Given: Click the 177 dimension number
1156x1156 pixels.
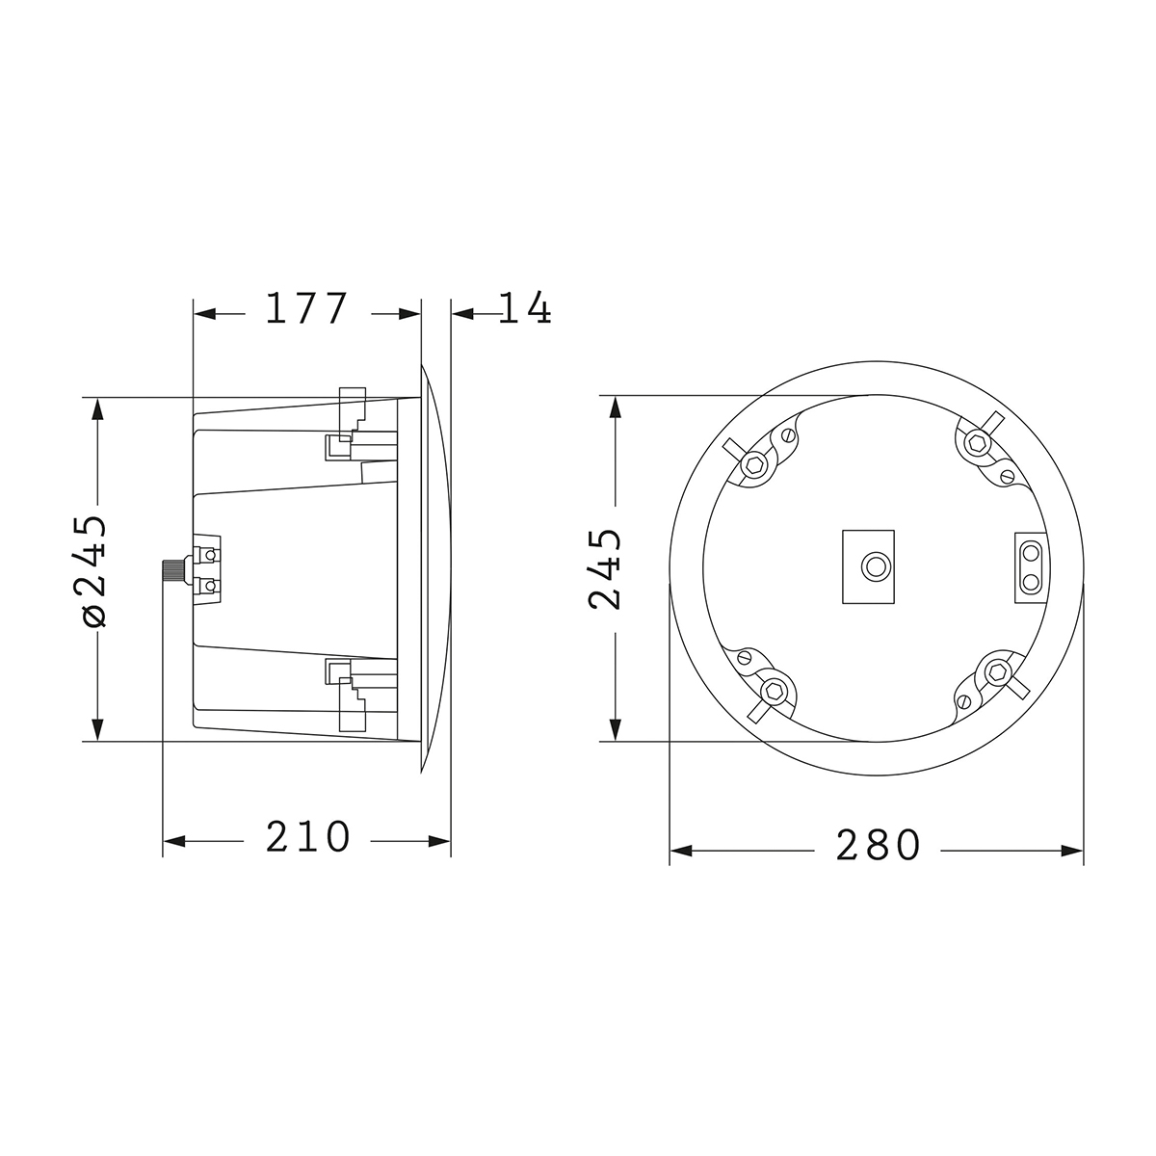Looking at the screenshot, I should tap(305, 309).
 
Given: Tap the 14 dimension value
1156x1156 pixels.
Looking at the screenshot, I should tap(525, 309).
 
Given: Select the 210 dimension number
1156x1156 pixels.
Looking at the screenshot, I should tap(307, 838).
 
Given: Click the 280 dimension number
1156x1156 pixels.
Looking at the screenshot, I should tap(879, 846).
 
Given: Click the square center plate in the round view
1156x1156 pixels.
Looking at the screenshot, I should tap(868, 566).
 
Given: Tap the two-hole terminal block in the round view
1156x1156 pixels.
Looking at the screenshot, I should tap(1031, 566).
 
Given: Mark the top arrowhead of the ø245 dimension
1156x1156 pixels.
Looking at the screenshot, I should tap(95, 408).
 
